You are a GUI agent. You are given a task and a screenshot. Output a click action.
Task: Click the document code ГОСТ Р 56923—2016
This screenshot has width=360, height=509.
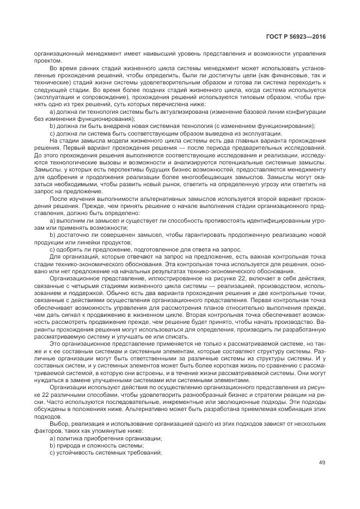click(x=296, y=36)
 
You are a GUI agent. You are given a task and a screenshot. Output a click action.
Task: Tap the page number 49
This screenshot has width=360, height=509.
click(x=322, y=463)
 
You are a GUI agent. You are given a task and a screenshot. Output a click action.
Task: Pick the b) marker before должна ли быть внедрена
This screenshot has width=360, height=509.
click(x=53, y=126)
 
